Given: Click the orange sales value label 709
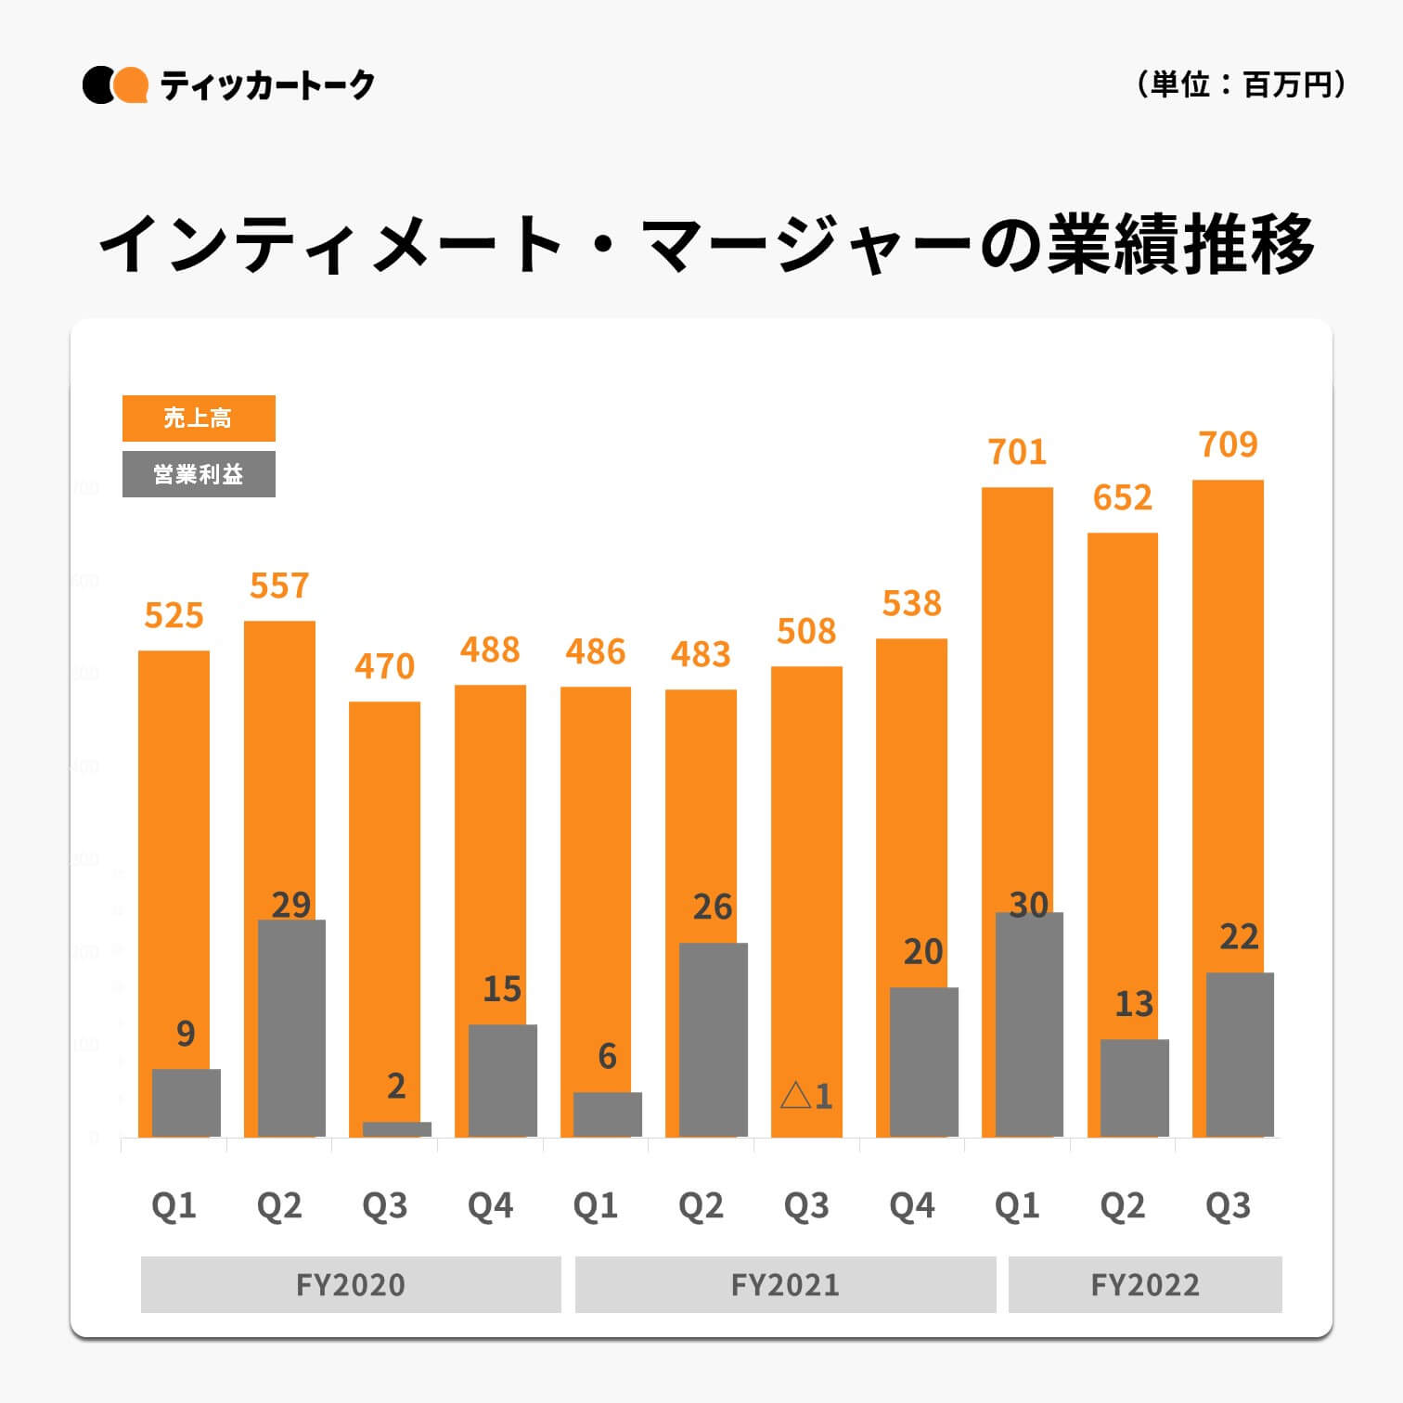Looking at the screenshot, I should (x=1228, y=444).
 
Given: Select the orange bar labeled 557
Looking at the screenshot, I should (x=278, y=761).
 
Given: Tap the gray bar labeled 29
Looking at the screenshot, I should (x=291, y=1028).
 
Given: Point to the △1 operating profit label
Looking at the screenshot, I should (x=806, y=1096).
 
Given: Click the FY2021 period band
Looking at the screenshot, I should (x=785, y=1284).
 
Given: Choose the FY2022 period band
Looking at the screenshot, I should (x=1145, y=1284).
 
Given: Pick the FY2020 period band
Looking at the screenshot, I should (x=351, y=1284).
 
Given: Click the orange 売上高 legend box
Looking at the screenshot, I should (x=199, y=418).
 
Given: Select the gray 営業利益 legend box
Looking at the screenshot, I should (x=199, y=474).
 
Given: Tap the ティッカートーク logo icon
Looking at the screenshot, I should (x=115, y=85).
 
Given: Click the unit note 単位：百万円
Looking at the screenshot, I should (x=1241, y=85).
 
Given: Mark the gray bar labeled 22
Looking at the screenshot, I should (x=1240, y=1054).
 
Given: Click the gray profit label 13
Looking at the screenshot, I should (x=1134, y=1003).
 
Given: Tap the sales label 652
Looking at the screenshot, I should (x=1122, y=498).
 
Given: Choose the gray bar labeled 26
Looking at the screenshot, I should (x=713, y=1039).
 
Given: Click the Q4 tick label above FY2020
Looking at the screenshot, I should (x=490, y=1205).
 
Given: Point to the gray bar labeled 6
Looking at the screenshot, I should (x=607, y=1114).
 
